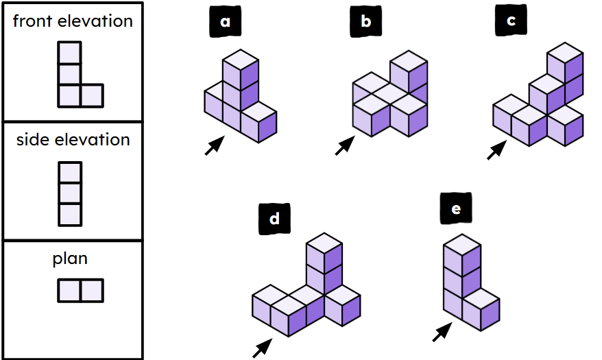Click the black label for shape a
225,22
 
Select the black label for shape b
365,22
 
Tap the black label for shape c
510,22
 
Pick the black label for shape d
274,219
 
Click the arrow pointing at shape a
215,145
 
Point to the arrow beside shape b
345,145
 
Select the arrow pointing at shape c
497,150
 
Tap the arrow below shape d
261,348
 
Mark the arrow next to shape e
443,333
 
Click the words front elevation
73,21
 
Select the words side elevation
73,140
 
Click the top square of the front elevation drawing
69,53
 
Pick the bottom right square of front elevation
92,96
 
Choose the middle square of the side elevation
70,193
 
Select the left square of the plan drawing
69,291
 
